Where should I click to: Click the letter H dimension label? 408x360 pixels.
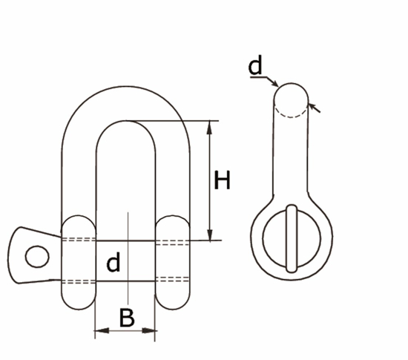click(222, 180)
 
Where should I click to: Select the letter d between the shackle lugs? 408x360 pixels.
click(113, 263)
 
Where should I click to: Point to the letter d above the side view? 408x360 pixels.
click(255, 67)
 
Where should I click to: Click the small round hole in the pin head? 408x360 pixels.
click(33, 257)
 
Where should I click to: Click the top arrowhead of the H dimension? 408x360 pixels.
click(211, 125)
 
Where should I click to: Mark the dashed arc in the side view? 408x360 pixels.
click(291, 114)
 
